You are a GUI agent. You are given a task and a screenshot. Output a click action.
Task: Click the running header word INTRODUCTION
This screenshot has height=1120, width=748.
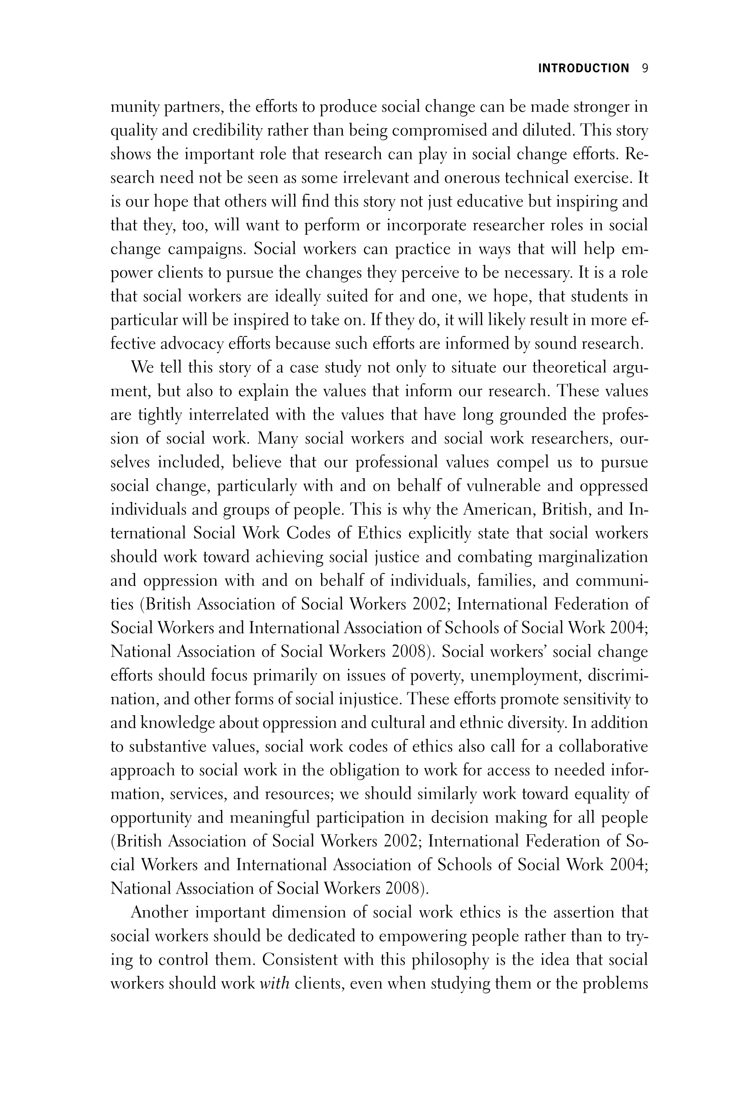(584, 68)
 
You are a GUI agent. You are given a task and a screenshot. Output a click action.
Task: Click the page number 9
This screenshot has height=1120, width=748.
(645, 68)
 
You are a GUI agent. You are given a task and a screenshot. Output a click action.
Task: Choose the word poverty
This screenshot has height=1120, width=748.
(432, 675)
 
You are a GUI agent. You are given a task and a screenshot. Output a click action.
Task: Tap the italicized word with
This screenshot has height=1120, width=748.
(274, 984)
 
